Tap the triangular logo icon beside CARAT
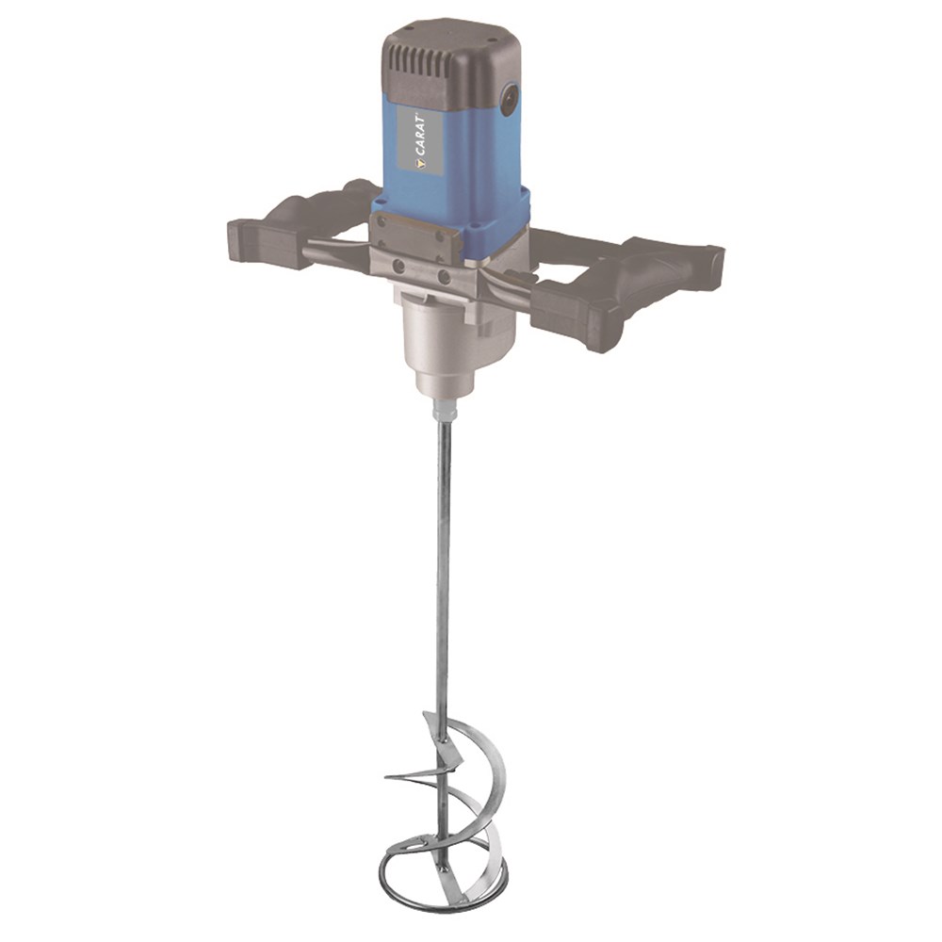coord(422,165)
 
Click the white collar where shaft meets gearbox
coord(446,413)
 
